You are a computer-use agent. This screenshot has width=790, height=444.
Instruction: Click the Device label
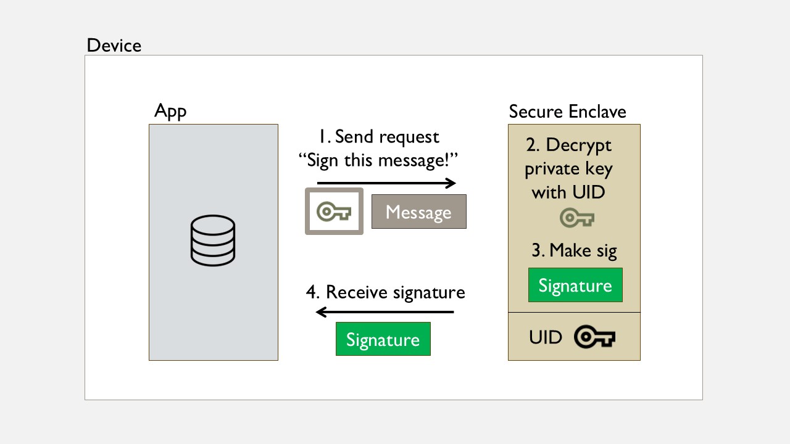point(114,46)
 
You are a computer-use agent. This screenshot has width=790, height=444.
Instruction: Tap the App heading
point(170,112)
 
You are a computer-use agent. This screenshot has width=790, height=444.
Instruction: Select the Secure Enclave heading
point(567,112)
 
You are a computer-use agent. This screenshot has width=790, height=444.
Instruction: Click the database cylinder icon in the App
point(213,240)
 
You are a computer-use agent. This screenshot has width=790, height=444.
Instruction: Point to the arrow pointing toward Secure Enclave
point(386,183)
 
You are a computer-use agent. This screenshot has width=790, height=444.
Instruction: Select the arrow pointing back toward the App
point(385,312)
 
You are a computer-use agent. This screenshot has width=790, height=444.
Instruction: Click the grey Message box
point(419,212)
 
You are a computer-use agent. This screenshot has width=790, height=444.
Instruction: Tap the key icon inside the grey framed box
point(334,212)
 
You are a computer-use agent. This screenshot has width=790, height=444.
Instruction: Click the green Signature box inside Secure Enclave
point(575,285)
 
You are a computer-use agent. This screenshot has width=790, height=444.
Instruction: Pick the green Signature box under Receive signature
point(383,339)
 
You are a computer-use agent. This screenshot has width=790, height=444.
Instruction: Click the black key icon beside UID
point(594,337)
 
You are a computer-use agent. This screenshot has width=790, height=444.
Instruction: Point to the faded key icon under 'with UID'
point(577,218)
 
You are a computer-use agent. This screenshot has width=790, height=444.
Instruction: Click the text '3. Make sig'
point(574,250)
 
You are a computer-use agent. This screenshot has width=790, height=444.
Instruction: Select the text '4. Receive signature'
point(386,292)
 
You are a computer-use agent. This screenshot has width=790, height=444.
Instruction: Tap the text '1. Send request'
point(379,137)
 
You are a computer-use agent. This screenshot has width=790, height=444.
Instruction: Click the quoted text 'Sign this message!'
point(378,160)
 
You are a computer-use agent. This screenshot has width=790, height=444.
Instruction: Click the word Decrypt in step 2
point(579,145)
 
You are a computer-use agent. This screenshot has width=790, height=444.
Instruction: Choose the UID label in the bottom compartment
point(545,337)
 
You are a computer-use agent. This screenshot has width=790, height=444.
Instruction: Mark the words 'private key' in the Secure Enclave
point(568,169)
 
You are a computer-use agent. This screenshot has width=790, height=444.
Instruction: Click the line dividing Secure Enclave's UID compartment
point(574,312)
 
